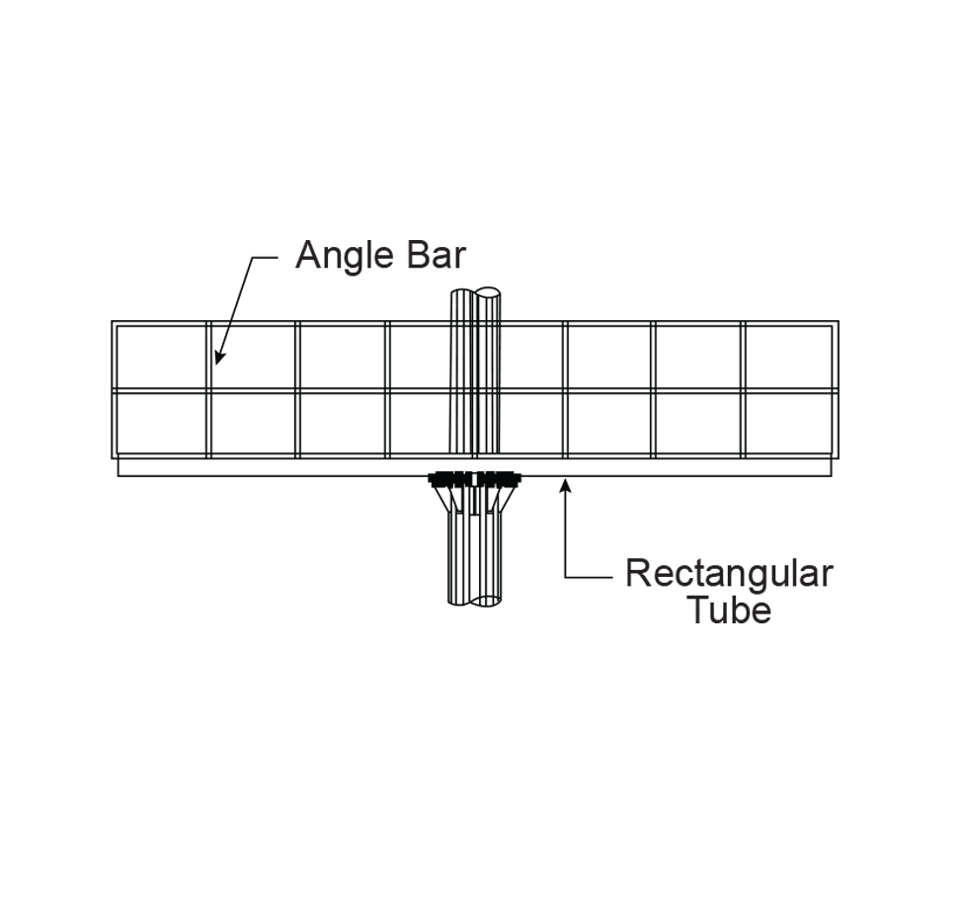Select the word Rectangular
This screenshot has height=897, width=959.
[x=729, y=573]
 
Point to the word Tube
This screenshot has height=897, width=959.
[x=729, y=610]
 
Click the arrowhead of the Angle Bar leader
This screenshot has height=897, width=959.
[x=218, y=359]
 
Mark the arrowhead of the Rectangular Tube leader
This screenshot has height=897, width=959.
[x=565, y=482]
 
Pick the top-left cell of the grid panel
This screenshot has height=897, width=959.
[x=161, y=356]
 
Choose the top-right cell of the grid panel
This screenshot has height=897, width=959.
[x=788, y=356]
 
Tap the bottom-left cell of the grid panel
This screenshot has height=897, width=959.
[x=161, y=424]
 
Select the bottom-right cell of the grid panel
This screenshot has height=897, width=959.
[x=788, y=424]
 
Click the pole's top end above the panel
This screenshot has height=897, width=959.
[x=475, y=295]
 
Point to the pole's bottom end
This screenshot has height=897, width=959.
[x=475, y=599]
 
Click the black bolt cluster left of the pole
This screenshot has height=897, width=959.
[x=450, y=480]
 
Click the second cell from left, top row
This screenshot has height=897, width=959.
[x=253, y=356]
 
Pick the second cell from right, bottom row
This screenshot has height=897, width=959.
[x=699, y=424]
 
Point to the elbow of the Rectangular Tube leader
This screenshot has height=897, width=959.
[x=566, y=575]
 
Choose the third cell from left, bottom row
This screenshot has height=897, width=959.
[x=343, y=424]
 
